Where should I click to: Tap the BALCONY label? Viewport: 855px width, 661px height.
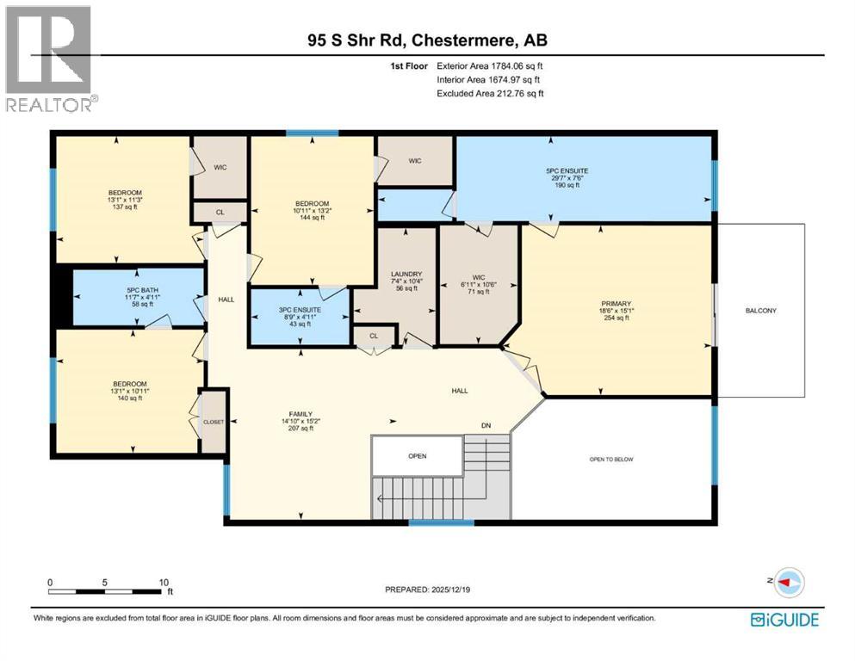pos(760,310)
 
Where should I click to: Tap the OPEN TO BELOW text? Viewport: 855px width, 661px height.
pos(610,460)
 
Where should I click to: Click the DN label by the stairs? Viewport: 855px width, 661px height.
pos(486,425)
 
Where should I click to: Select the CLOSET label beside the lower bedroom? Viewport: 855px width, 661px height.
pos(214,423)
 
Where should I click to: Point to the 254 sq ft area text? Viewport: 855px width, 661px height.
pos(616,318)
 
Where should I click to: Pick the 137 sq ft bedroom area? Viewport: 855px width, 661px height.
pos(125,207)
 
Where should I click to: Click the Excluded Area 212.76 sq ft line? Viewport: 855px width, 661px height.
pos(490,93)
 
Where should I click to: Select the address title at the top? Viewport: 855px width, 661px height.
pos(428,40)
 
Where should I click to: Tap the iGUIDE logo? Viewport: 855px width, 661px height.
pos(784,619)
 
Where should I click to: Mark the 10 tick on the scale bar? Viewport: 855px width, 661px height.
pos(164,582)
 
